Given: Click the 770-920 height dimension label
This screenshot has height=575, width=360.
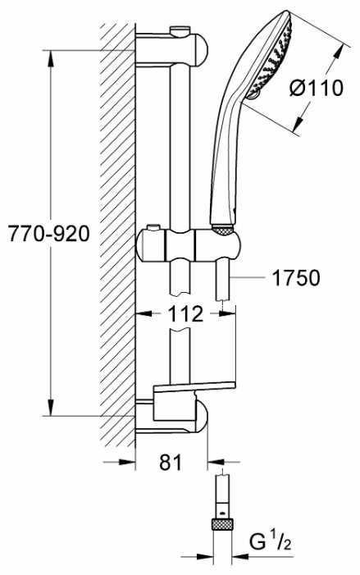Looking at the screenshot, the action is point(48,233).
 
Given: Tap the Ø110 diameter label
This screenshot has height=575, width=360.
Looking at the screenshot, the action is point(317,89).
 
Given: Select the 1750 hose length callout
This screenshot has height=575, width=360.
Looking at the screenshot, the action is point(296,277).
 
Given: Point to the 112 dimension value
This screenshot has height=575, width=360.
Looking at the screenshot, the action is point(185,314).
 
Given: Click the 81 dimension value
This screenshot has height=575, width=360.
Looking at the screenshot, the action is point(171,463).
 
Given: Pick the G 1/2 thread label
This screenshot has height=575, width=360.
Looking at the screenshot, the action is point(271,542).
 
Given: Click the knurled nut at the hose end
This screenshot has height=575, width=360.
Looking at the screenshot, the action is point(223,524).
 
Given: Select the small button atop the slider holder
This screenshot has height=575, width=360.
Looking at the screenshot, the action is point(154,228).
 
